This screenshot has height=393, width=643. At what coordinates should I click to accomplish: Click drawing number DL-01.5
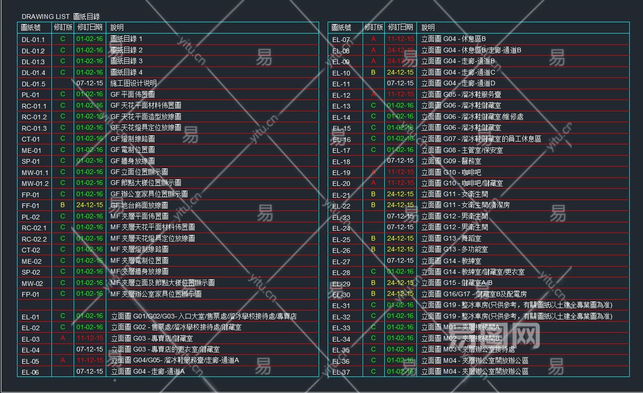(x=34, y=84)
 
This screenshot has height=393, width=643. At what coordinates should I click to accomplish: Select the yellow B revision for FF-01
(x=62, y=205)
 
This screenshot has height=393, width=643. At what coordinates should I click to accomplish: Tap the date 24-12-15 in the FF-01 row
(x=90, y=205)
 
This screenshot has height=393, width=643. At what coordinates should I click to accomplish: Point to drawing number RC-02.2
(x=34, y=239)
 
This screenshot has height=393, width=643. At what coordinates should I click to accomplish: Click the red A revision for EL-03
(x=62, y=338)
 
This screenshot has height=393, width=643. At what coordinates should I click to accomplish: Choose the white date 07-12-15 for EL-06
(x=90, y=371)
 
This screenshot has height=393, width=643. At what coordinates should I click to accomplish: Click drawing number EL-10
(x=341, y=73)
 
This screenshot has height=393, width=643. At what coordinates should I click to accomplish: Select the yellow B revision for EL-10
(x=373, y=72)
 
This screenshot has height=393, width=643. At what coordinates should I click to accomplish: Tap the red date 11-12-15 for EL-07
(x=400, y=39)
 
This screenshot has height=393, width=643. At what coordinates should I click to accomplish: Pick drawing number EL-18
(x=341, y=162)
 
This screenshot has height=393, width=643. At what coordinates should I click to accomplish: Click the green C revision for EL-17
(x=373, y=150)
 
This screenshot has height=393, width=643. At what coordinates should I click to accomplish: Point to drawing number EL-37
(x=341, y=372)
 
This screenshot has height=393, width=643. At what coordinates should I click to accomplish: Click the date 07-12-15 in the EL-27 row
(x=400, y=260)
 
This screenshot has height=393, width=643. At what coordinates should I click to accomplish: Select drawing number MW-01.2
(x=35, y=184)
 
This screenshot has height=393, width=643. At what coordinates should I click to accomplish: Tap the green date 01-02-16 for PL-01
(x=90, y=94)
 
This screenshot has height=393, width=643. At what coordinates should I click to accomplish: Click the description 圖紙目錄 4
(x=126, y=72)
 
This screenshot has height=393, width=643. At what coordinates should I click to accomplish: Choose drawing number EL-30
(x=341, y=295)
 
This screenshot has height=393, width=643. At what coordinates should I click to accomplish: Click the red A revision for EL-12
(x=373, y=94)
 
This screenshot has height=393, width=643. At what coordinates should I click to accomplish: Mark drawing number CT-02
(x=31, y=250)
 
